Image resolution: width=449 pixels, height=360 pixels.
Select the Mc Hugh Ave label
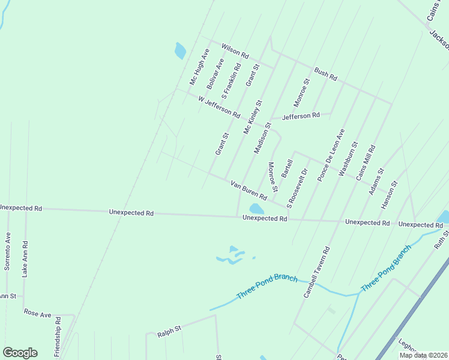(199, 66)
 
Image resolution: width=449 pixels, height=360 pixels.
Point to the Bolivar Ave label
(215, 74)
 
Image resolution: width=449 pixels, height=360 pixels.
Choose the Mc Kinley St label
(253, 117)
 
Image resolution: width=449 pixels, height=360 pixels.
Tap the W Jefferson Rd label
(219, 106)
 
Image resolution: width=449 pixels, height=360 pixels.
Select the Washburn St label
(348, 158)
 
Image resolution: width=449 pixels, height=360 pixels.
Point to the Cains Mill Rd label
(366, 163)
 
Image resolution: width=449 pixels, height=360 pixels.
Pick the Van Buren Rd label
(249, 188)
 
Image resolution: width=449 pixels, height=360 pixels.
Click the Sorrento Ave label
(8, 251)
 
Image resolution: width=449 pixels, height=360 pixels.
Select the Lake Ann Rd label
(25, 259)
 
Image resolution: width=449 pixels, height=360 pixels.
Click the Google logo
(20, 353)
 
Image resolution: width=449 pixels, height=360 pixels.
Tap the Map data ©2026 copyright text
(423, 355)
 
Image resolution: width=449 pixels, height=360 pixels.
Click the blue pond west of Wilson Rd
(180, 50)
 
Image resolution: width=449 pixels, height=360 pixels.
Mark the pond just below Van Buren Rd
(256, 209)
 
